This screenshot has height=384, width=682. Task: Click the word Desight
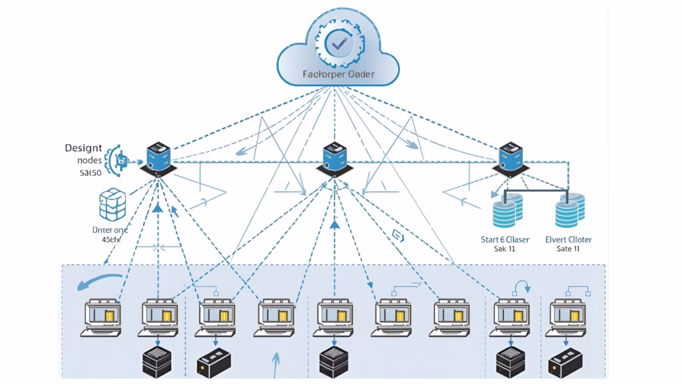pyautogui.click(x=83, y=148)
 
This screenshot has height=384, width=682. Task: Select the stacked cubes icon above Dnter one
pyautogui.click(x=112, y=205)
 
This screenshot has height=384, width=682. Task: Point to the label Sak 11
pyautogui.click(x=504, y=249)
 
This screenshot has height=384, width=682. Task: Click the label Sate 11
pyautogui.click(x=568, y=249)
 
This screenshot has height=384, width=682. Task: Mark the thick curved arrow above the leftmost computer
pyautogui.click(x=98, y=280)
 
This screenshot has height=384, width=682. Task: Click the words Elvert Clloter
pyautogui.click(x=568, y=239)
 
